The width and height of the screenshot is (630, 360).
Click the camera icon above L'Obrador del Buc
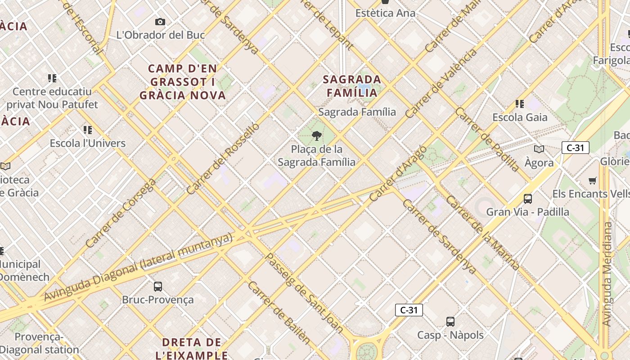[x=160, y=22]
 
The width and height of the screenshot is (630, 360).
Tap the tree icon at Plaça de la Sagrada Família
[x=317, y=136]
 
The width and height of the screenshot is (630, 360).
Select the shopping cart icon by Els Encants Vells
[x=593, y=180]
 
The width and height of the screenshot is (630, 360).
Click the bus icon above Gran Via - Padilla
[x=528, y=198]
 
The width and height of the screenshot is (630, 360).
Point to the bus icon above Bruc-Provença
[x=157, y=286]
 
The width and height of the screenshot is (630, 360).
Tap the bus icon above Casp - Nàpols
[x=450, y=322]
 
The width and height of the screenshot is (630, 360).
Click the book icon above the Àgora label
[x=539, y=149]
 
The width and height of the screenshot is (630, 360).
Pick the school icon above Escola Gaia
[x=520, y=104]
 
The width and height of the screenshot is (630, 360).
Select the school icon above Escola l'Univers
[x=88, y=130]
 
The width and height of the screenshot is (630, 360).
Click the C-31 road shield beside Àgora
[x=575, y=148]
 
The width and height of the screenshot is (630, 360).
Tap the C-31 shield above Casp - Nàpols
[x=409, y=310]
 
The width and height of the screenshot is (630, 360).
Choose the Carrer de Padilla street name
[x=487, y=139]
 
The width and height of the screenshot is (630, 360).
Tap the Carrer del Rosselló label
[x=223, y=158]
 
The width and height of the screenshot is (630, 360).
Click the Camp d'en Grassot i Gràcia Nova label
[x=183, y=82]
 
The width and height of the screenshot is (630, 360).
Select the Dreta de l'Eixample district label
[x=192, y=348]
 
